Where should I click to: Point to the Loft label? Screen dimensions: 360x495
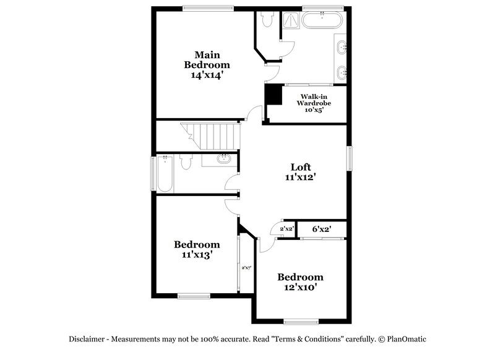(x=301, y=166)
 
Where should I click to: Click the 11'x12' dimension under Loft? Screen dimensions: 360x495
(x=301, y=177)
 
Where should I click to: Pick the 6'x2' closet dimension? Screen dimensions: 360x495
(x=321, y=229)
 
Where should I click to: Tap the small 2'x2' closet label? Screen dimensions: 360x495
(x=286, y=229)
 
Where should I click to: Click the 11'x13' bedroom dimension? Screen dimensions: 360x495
(x=197, y=254)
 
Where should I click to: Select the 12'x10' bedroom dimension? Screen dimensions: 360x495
(x=300, y=287)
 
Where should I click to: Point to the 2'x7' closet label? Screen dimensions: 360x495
(x=246, y=267)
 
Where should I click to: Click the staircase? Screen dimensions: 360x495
(x=209, y=135)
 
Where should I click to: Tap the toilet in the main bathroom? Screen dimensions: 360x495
(x=267, y=20)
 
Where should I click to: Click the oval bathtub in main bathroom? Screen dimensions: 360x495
(x=322, y=20)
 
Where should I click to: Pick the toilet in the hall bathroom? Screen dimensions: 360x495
(x=186, y=163)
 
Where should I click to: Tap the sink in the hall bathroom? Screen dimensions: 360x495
(x=223, y=160)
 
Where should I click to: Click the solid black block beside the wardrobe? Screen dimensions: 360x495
(x=273, y=95)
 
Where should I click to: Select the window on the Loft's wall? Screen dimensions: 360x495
(x=349, y=158)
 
